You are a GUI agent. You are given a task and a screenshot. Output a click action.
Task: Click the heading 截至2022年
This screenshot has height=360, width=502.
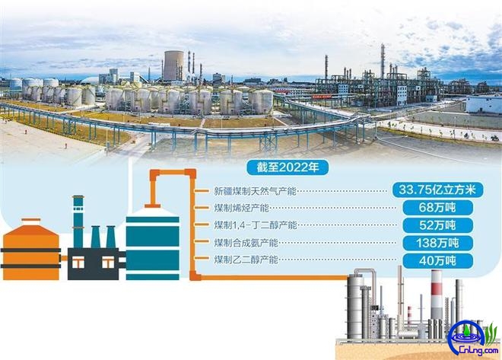pos(288,167)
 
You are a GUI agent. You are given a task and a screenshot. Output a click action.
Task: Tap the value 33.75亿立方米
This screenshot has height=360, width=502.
pos(437,190)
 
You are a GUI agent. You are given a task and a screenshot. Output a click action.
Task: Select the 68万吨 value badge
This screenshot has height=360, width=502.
pos(437,208)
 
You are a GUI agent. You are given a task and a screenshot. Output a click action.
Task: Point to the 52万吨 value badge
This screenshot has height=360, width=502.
pos(437,225)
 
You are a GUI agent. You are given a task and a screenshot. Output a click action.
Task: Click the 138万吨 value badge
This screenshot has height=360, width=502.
pos(437,243)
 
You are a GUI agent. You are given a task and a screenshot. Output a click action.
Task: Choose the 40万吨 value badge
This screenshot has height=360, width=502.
pos(437,261)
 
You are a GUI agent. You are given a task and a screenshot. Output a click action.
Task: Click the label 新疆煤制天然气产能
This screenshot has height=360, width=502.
pos(256,191)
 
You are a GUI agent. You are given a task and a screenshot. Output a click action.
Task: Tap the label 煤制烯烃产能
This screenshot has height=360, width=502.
pos(242,209)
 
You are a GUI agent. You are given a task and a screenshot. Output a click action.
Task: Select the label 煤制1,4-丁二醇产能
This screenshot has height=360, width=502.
pos(256,225)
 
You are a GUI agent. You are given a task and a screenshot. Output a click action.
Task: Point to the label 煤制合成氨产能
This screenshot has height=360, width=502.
pos(246,243)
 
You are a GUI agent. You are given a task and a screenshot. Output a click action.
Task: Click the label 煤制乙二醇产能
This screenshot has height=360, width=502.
pos(246,260)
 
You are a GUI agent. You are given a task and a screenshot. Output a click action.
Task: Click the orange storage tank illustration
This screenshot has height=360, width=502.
pos(30,249)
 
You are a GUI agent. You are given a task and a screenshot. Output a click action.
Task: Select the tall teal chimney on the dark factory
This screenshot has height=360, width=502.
pos(78,221)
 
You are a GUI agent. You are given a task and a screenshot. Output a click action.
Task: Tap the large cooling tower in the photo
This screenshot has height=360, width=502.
pos(173,65)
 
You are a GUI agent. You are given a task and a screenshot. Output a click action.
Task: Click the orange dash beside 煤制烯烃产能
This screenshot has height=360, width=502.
pos(202,208)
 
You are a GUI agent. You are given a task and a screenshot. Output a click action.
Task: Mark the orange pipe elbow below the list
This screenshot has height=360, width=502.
pos(195,276)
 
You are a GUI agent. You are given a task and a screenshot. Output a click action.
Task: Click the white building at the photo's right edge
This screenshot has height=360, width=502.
pos(484,104)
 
